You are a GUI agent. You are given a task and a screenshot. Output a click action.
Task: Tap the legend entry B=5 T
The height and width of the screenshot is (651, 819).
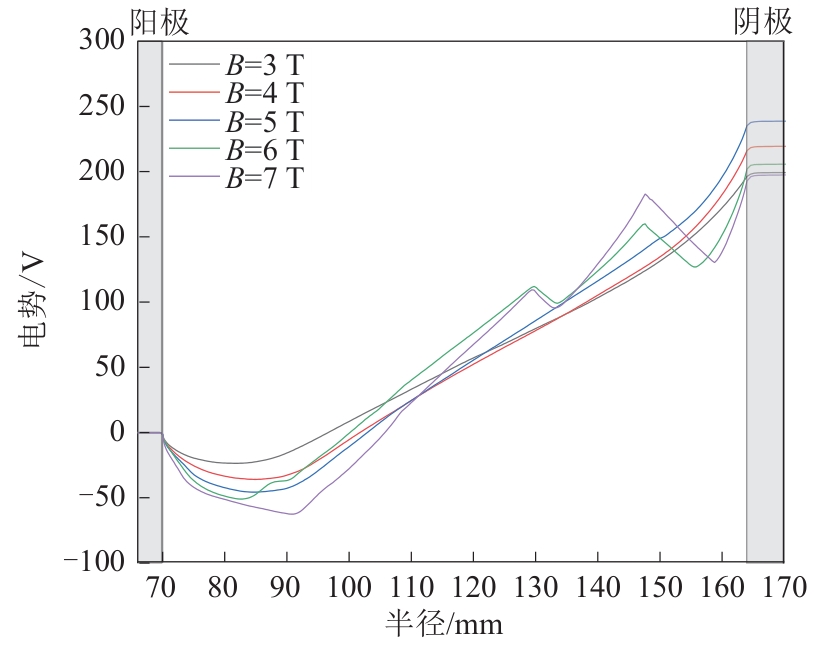tap(264, 121)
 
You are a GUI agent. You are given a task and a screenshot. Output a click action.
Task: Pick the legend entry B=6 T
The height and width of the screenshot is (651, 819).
tap(264, 150)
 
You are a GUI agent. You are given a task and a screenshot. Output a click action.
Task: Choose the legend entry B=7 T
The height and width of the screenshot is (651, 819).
tap(264, 178)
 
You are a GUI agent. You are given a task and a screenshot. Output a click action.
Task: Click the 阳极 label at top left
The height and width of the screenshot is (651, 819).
tap(160, 22)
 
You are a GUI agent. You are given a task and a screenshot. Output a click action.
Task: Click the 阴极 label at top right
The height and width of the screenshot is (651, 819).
tap(764, 22)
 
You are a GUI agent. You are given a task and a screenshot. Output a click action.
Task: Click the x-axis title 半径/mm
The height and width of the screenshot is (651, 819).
tap(444, 626)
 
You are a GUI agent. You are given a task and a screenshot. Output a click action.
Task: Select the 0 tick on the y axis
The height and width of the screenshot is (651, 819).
tap(116, 433)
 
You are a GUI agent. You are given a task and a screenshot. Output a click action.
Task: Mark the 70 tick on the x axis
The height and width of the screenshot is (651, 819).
tap(162, 588)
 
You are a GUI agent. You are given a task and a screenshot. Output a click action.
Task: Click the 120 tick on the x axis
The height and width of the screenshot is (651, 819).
tap(473, 588)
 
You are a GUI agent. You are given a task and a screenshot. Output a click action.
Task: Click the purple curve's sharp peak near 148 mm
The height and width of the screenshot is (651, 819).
tap(646, 194)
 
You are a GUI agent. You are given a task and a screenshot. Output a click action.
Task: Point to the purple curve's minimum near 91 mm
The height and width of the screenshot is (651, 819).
tap(293, 514)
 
